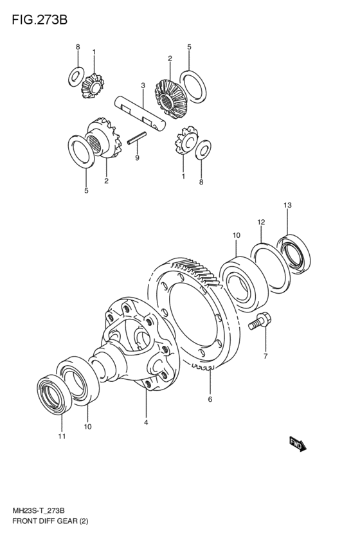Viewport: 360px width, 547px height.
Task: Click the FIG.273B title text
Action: coord(39,20)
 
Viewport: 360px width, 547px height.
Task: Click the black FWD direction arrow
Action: coord(298,444)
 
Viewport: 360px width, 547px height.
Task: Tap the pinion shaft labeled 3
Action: coord(140,114)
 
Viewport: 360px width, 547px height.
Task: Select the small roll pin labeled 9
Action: coord(137,137)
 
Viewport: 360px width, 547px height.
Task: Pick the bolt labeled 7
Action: coord(260,321)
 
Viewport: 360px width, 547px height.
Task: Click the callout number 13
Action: coord(287,206)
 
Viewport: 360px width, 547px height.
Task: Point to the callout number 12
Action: coord(261,222)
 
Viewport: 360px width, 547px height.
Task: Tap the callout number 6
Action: coord(210,399)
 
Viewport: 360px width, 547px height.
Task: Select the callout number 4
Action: coord(146,422)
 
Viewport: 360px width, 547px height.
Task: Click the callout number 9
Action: coord(137,158)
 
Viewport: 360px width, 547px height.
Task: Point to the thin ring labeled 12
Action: coord(271,268)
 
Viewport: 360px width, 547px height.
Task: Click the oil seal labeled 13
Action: coord(293,254)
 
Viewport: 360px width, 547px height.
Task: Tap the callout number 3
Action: coord(143,85)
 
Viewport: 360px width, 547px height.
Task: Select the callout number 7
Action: coord(265,356)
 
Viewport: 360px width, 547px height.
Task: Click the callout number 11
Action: coord(62,436)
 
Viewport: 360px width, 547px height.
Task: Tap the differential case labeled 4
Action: coord(136,345)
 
